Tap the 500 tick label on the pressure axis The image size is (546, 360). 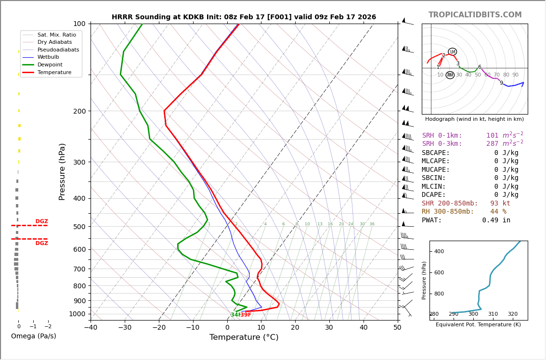point(79,227)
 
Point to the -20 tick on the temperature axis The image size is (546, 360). point(159,328)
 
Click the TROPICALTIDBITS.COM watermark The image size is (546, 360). point(475,15)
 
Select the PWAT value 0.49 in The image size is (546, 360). point(496,220)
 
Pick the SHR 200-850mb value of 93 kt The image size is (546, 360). point(500,204)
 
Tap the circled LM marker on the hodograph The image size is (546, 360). point(453,51)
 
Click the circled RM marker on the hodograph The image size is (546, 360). point(450,75)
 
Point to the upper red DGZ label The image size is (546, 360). point(41,221)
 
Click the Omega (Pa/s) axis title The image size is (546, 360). point(34,336)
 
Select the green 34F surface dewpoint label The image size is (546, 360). point(235,315)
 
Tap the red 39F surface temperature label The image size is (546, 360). point(246,315)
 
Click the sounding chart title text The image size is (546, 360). point(244,17)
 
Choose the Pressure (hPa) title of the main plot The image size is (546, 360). point(63,171)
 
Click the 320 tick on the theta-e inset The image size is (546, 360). point(512,314)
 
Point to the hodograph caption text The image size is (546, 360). point(474,119)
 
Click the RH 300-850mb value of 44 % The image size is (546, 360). point(498,212)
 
